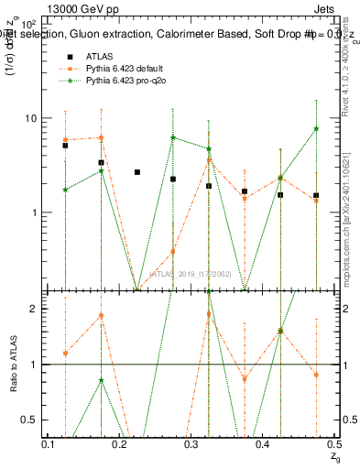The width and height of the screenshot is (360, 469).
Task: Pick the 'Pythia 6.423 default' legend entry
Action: click(x=118, y=70)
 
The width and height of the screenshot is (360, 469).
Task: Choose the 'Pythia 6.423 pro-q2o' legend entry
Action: click(x=119, y=82)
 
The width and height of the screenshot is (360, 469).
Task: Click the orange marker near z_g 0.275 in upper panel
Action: click(x=173, y=251)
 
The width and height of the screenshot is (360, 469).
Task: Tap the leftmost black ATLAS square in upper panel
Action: click(x=65, y=145)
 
